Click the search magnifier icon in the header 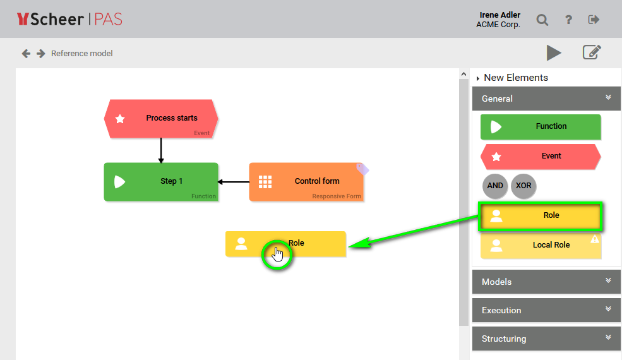click(x=542, y=20)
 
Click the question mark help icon click(x=568, y=20)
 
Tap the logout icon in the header click(x=594, y=20)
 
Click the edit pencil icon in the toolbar click(x=591, y=52)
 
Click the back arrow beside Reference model click(x=26, y=54)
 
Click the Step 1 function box click(x=161, y=182)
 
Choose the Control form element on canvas click(x=306, y=182)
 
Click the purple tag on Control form click(x=362, y=169)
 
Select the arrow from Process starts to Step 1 click(x=161, y=150)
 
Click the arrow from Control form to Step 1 click(x=234, y=182)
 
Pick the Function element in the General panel click(x=541, y=126)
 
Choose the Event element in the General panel click(x=541, y=156)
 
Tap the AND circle click(x=495, y=186)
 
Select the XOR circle click(x=523, y=186)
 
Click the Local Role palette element click(x=541, y=245)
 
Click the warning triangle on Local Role click(x=594, y=239)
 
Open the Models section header click(x=546, y=282)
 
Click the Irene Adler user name click(x=500, y=15)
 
